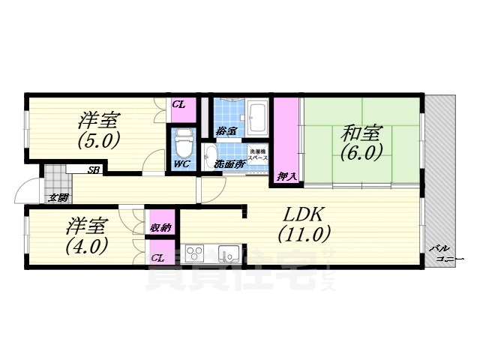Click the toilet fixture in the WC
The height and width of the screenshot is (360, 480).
click(183, 142)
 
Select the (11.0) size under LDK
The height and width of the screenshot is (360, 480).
click(303, 234)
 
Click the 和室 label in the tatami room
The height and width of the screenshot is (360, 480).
click(361, 133)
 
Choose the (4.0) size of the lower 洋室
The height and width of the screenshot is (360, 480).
click(85, 244)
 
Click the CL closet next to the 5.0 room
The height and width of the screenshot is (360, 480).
click(180, 106)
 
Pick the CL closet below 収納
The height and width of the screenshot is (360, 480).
click(158, 257)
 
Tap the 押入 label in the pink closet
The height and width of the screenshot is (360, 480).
click(285, 177)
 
